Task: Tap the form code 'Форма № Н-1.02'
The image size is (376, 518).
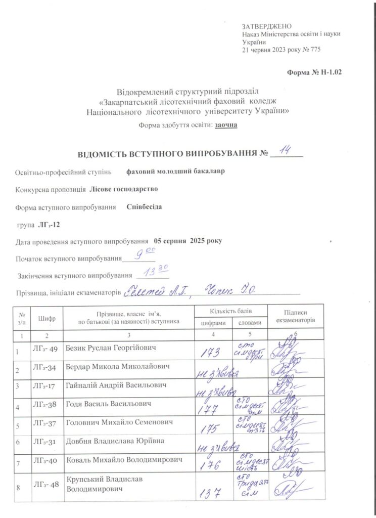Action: (x=314, y=73)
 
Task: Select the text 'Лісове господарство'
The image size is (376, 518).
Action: (x=123, y=189)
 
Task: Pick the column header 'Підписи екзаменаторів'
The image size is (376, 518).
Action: (x=296, y=317)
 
